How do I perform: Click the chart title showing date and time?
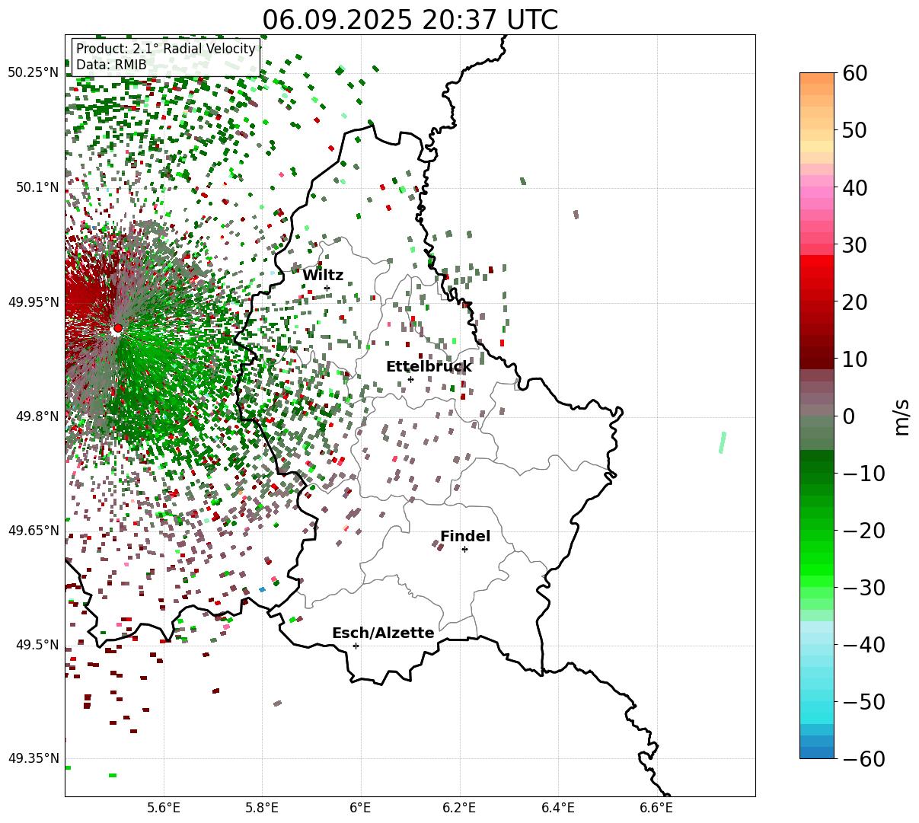click(410, 20)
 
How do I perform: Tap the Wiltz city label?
click(323, 276)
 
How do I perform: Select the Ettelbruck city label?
click(429, 367)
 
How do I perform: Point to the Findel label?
click(465, 537)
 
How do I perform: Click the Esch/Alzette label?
click(383, 633)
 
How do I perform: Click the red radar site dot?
click(117, 328)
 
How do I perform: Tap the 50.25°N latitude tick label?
click(34, 73)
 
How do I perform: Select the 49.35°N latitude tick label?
click(34, 758)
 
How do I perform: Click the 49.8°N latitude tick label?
click(36, 416)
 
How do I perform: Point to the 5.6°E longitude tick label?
click(164, 807)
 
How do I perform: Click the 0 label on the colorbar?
click(849, 416)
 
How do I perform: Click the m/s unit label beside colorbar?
click(902, 416)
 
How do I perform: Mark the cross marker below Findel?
click(464, 549)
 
